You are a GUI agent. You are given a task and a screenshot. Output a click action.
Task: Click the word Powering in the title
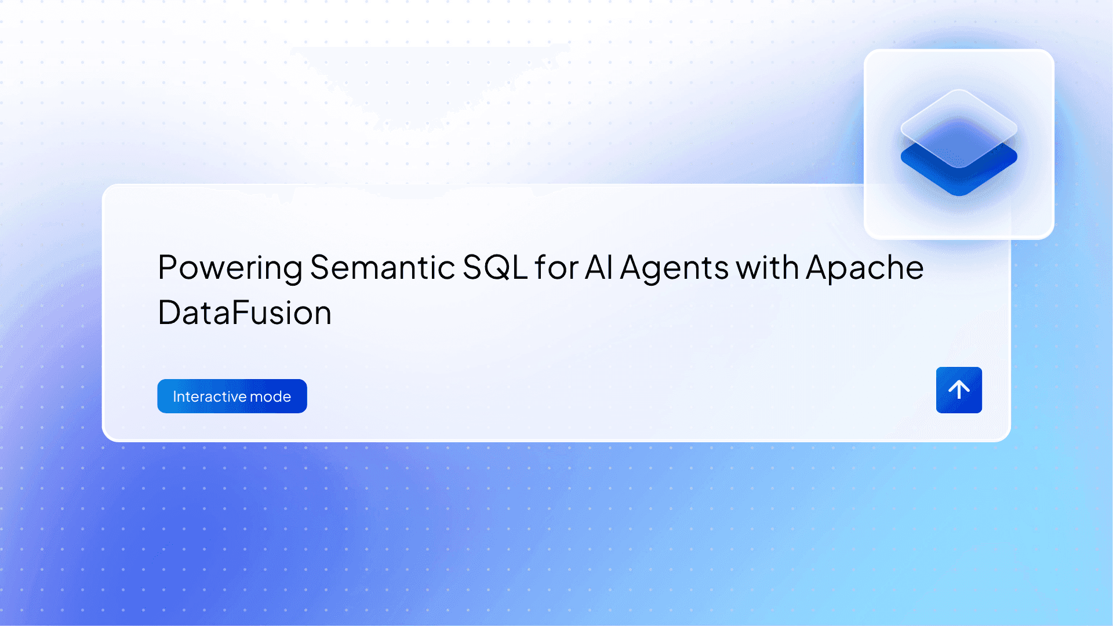[230, 268]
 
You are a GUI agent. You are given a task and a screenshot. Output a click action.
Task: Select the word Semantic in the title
[382, 268]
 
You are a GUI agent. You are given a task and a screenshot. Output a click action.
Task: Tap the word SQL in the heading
[494, 268]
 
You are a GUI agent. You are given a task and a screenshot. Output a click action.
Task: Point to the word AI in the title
[598, 268]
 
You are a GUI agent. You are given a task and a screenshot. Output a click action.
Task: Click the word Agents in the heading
[674, 268]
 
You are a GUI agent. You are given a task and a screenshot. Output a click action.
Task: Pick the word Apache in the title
[864, 268]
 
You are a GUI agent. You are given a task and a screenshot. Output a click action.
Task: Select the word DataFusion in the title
[244, 314]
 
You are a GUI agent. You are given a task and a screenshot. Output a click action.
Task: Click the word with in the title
[767, 268]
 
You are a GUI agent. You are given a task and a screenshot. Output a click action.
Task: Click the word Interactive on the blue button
[209, 396]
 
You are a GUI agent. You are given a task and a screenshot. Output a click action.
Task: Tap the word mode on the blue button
[270, 396]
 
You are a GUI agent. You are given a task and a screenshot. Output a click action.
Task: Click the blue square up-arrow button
[959, 390]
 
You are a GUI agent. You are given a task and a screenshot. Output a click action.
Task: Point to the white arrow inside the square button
[959, 390]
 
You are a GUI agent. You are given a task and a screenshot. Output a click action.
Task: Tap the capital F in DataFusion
[240, 314]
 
